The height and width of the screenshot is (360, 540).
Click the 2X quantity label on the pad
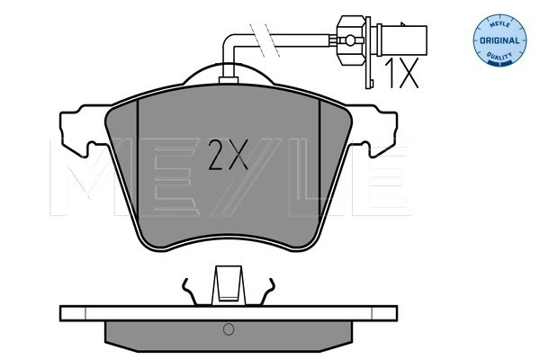(229, 155)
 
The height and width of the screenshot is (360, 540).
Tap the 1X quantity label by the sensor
(401, 73)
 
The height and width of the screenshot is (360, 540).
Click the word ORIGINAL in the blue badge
(499, 40)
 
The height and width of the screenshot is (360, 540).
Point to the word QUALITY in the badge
(499, 56)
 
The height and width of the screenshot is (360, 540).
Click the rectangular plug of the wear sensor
(404, 40)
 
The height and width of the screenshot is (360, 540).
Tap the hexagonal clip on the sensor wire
(351, 40)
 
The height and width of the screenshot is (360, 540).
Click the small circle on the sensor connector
(350, 40)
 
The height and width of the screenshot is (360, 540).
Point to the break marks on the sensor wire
(264, 40)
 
